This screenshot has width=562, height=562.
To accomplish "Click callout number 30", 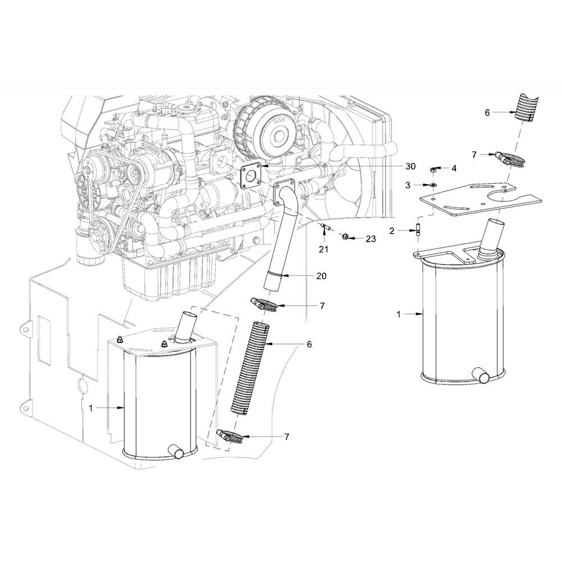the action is [410, 166].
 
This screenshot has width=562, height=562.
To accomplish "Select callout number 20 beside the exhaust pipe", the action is [321, 275].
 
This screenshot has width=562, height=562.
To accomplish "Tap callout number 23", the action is [371, 239].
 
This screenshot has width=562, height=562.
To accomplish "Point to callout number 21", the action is [324, 249].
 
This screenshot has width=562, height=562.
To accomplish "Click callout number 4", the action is [454, 169].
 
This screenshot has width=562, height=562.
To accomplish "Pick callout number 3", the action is [407, 185].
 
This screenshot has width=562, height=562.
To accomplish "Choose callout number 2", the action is [392, 231].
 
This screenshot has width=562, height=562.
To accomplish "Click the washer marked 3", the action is [433, 184].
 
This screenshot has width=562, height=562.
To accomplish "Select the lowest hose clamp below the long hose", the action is [229, 436].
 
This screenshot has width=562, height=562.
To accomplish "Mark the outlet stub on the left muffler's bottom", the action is [176, 451].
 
